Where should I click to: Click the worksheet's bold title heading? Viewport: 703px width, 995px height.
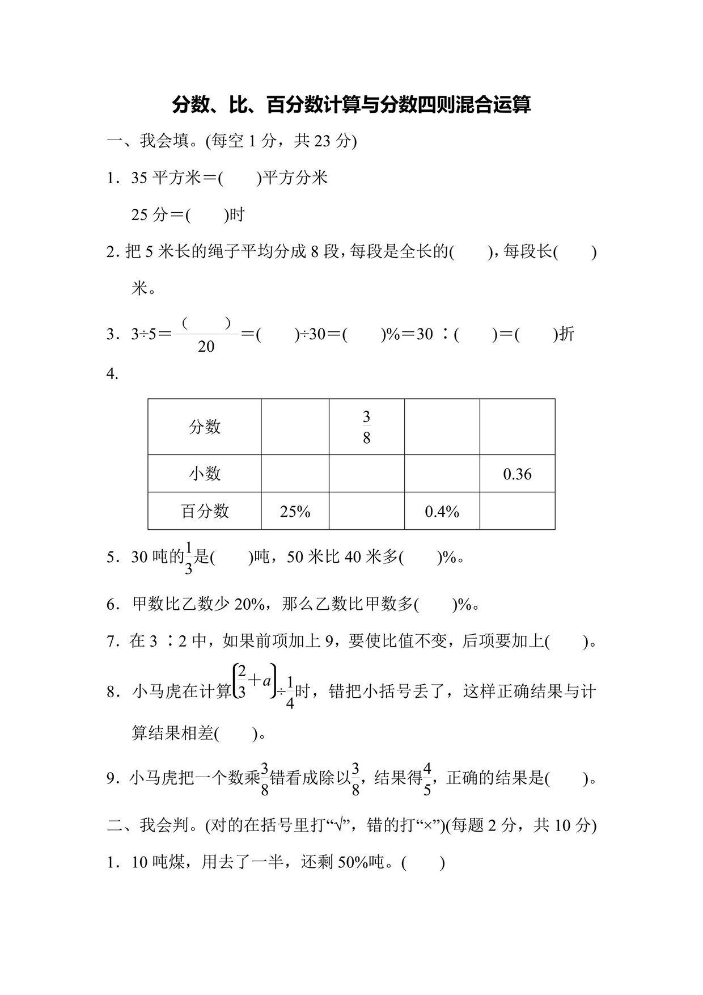[351, 105]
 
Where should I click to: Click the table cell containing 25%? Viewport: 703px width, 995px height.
[295, 512]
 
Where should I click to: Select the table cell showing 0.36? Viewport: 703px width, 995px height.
[517, 474]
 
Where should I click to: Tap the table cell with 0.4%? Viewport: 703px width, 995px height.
[442, 512]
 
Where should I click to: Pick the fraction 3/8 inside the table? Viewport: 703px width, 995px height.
[366, 427]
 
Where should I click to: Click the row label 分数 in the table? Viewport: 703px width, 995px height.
[205, 427]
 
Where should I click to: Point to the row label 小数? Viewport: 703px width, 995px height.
[205, 474]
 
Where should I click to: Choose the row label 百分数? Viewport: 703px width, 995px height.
[205, 512]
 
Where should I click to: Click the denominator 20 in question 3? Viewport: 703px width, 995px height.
[206, 347]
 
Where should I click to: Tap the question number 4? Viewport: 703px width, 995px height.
[112, 374]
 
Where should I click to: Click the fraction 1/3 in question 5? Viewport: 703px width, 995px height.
[189, 558]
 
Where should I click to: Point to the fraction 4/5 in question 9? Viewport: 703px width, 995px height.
[427, 779]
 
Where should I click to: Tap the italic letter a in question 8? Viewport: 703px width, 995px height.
[266, 679]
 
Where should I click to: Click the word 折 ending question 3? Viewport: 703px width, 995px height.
[566, 334]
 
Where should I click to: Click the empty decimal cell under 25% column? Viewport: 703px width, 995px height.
[295, 474]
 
